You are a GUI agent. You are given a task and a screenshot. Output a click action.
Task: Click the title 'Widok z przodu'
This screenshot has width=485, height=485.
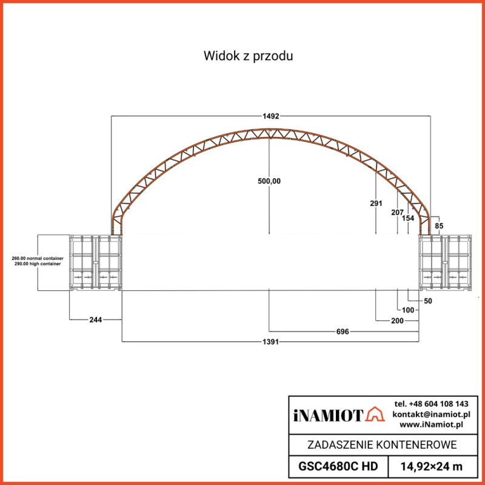point(249,56)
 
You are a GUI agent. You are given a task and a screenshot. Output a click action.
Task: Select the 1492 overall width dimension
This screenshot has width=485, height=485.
point(270,116)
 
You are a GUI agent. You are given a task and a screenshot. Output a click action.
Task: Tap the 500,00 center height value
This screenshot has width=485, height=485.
point(269,181)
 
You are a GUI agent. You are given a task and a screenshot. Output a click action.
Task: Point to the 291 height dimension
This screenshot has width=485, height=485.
point(376,204)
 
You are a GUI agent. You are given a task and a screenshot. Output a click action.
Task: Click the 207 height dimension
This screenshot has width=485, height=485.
point(397,212)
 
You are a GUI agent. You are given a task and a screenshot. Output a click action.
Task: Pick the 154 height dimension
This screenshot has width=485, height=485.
point(408,218)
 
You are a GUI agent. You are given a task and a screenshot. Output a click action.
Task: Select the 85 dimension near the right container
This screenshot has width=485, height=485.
point(440,226)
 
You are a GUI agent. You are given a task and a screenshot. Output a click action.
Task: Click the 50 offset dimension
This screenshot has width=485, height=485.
point(427,301)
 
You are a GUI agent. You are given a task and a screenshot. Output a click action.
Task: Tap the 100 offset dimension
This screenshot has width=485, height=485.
point(408,310)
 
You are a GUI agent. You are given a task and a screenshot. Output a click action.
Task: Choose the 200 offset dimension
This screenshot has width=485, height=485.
point(397,320)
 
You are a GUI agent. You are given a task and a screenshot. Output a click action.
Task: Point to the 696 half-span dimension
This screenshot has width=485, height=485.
point(344,332)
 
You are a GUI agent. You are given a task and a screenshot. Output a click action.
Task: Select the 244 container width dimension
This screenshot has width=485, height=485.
point(95,318)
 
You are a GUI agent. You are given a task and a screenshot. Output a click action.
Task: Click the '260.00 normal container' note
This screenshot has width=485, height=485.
point(38,259)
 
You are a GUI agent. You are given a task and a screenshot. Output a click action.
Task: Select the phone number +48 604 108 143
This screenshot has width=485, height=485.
point(431,404)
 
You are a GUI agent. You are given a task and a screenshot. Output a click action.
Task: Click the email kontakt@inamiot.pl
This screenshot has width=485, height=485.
point(431,414)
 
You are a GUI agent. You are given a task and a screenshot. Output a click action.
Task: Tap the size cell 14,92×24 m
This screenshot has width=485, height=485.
point(432,466)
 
